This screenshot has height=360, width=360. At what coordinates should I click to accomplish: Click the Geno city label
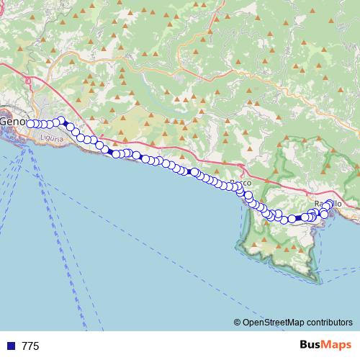12,122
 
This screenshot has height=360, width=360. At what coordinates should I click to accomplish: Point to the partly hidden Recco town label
239,184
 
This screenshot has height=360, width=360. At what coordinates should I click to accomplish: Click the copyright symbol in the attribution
237,322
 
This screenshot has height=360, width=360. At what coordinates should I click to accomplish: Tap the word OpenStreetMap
270,322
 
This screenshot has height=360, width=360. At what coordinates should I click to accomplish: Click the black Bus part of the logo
310,346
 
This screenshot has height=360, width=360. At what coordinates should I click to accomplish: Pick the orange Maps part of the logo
337,346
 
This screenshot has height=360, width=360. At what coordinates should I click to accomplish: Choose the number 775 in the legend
31,346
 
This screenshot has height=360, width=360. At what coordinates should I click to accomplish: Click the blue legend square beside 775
11,346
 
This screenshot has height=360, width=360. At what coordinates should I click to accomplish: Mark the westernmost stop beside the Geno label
31,123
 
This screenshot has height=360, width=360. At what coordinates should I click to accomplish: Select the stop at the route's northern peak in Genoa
61,120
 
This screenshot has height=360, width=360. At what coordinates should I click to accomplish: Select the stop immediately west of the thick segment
292,219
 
